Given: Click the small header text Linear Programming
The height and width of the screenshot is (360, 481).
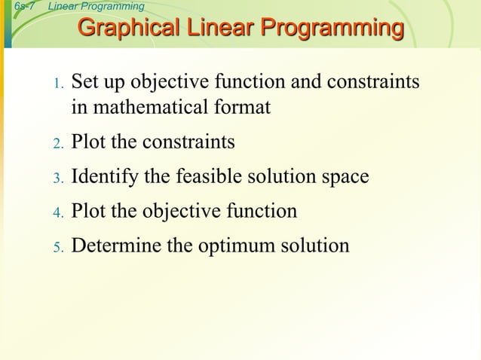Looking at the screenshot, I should pos(96,7).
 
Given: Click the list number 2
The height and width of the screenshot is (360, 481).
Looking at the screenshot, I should pos(58,143).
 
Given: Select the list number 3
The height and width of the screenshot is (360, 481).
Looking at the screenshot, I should pos(58,178).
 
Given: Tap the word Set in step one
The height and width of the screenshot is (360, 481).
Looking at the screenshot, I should pos(85,81).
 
